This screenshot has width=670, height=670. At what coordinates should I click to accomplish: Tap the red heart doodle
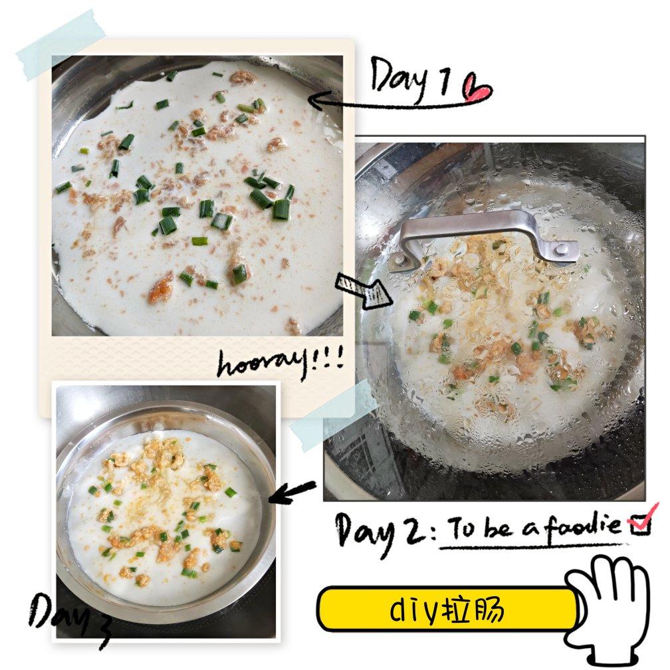[477, 88]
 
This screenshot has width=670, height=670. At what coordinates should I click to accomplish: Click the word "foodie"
[583, 527]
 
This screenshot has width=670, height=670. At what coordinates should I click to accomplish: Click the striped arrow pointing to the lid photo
[363, 291]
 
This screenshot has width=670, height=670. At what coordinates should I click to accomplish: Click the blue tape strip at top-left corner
[61, 45]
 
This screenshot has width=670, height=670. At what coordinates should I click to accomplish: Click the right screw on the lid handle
[562, 249]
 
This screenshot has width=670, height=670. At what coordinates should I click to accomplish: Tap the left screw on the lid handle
[399, 259]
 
